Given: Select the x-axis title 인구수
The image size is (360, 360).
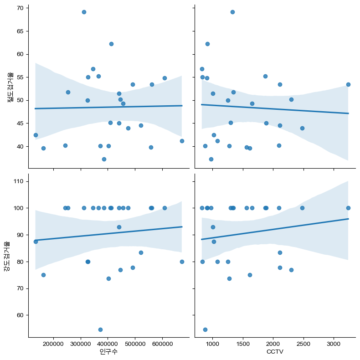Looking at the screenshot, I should click(108, 352).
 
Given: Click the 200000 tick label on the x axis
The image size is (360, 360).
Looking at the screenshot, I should click(53, 343).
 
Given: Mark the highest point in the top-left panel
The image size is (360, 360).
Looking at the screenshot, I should click(84, 12).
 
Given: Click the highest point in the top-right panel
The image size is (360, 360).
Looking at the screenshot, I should click(232, 12).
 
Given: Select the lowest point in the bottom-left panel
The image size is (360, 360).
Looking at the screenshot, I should click(100, 329).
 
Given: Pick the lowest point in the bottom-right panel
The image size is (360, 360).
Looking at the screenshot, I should click(205, 329).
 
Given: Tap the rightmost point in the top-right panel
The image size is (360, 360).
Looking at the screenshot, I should click(348, 84).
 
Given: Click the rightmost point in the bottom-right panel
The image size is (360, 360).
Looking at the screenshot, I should click(348, 208).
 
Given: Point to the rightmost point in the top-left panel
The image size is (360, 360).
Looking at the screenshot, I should click(182, 141).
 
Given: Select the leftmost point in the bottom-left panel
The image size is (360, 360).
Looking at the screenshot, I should click(36, 242).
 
